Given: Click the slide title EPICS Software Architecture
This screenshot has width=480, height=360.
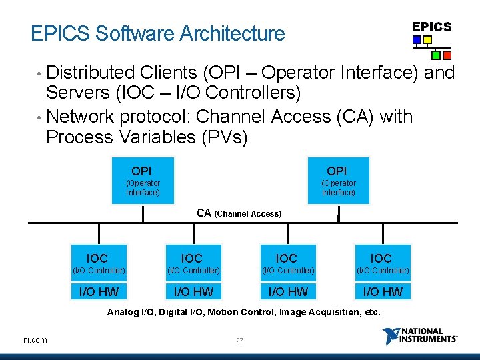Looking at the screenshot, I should [x=158, y=33].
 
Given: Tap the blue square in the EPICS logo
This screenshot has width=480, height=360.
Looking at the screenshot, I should [x=417, y=40].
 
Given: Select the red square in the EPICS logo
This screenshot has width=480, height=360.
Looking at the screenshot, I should [x=447, y=55].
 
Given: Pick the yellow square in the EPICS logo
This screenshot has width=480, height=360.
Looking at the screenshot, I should [x=427, y=40].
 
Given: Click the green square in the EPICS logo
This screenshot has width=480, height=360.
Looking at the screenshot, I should [x=436, y=55].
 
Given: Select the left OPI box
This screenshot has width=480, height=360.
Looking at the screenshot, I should [x=143, y=181].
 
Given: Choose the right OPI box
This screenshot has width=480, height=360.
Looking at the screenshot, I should [x=337, y=181].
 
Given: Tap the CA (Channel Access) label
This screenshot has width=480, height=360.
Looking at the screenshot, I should [x=239, y=213].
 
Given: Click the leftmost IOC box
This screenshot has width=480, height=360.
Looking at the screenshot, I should [x=98, y=263].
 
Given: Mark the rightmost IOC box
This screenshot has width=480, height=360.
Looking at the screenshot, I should [x=382, y=263].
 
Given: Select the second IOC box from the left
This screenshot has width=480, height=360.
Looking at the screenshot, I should [x=193, y=263].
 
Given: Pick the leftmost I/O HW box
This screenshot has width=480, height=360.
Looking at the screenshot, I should [x=99, y=291].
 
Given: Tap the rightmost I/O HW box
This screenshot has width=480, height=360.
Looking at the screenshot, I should [x=382, y=291].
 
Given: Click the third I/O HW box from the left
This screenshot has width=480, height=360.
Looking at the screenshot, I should [x=287, y=291].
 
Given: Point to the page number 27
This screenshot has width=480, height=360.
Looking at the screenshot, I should [x=239, y=341].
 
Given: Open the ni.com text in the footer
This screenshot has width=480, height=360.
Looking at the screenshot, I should [x=35, y=340].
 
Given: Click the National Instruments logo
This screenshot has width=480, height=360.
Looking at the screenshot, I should [x=420, y=336].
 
